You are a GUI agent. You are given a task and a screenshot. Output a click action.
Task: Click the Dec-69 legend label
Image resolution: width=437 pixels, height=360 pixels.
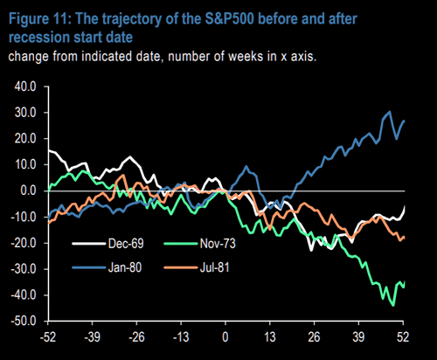click(x=126, y=244)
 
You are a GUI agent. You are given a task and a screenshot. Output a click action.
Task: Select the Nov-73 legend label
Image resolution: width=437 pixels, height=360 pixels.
click(x=218, y=244)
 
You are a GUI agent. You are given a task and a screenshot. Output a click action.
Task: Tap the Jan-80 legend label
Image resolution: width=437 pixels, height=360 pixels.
click(x=125, y=267)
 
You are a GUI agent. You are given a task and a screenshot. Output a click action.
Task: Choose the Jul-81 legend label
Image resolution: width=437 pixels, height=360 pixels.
click(x=215, y=267)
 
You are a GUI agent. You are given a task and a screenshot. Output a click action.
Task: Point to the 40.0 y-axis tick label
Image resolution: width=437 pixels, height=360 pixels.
click(x=25, y=87)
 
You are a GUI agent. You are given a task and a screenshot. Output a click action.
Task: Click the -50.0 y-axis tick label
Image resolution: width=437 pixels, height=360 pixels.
click(x=24, y=321)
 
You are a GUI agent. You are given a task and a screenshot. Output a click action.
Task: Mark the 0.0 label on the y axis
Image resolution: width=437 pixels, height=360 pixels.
click(x=29, y=190)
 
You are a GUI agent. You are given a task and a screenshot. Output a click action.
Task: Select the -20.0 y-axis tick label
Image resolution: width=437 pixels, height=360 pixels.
click(x=24, y=243)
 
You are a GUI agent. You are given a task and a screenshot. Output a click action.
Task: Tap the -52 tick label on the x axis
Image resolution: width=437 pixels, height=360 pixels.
click(x=48, y=337)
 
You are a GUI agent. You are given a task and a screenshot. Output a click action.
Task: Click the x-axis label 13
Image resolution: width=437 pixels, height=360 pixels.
click(x=270, y=337)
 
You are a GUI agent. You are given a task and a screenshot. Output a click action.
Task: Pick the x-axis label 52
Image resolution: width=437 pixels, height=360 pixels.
click(x=403, y=337)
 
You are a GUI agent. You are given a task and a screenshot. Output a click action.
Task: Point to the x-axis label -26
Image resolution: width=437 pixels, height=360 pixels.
click(x=136, y=337)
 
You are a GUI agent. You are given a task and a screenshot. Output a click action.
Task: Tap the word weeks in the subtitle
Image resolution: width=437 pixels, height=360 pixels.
click(x=246, y=56)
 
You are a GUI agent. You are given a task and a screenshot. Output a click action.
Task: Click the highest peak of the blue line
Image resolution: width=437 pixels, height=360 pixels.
click(x=390, y=112)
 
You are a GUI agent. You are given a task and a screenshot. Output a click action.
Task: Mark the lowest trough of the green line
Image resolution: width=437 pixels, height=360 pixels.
click(x=393, y=306)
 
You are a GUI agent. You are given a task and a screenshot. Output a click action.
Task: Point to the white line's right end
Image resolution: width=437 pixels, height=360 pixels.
click(x=405, y=206)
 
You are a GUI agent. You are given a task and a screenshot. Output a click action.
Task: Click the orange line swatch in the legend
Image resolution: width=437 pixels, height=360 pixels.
click(x=180, y=267)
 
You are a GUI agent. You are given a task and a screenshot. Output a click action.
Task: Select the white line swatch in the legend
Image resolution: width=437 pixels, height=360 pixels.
click(x=88, y=244)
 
